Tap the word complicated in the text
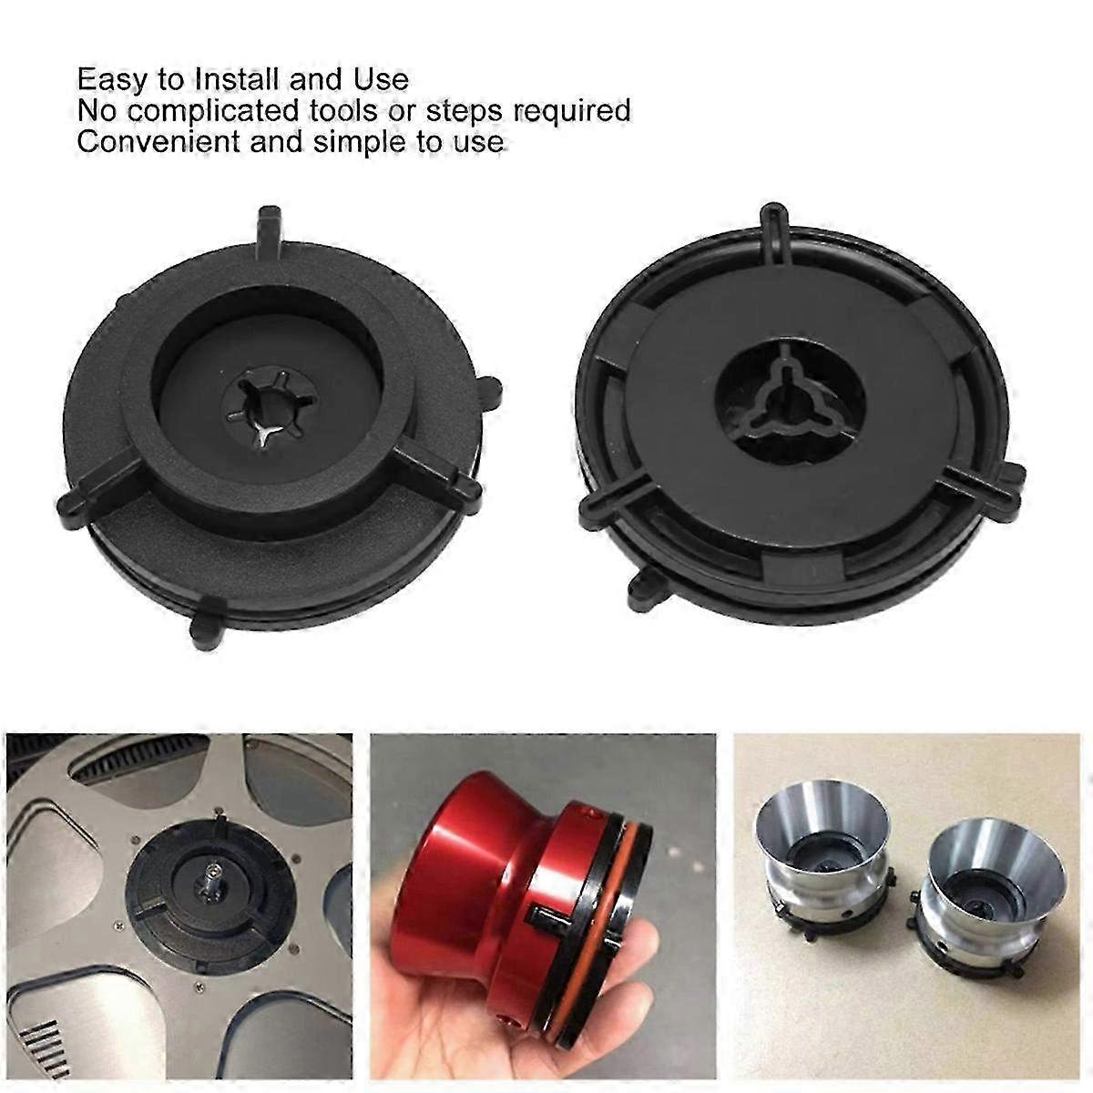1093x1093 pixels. (x=213, y=111)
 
